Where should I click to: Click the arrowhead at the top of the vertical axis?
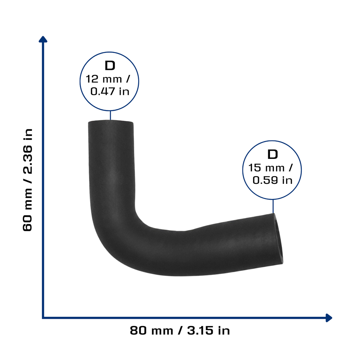[43, 39]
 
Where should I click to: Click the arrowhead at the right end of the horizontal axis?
[329, 318]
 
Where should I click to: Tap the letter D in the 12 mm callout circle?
[110, 66]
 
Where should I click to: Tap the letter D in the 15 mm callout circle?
[272, 155]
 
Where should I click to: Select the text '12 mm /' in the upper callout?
[108, 79]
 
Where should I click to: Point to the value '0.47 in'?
[110, 91]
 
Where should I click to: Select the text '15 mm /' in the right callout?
[270, 168]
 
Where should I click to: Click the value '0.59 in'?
[272, 180]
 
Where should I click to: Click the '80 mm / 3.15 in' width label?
[180, 331]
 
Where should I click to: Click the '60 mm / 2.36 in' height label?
[27, 180]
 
